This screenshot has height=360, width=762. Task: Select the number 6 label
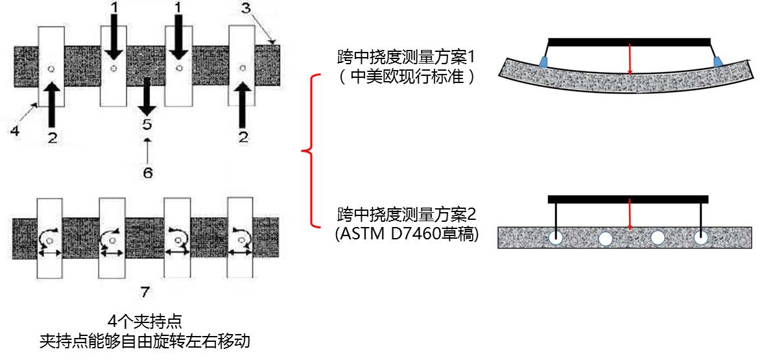pyautogui.click(x=148, y=173)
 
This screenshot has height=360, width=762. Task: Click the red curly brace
pyautogui.click(x=312, y=151)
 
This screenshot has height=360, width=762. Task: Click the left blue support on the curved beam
pyautogui.click(x=543, y=62)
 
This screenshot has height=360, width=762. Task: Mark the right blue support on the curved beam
pyautogui.click(x=718, y=62)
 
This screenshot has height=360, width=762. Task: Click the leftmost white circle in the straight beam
pyautogui.click(x=556, y=237)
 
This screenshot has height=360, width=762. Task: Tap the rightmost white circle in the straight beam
pyautogui.click(x=700, y=237)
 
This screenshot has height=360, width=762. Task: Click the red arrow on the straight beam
pyautogui.click(x=629, y=216)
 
